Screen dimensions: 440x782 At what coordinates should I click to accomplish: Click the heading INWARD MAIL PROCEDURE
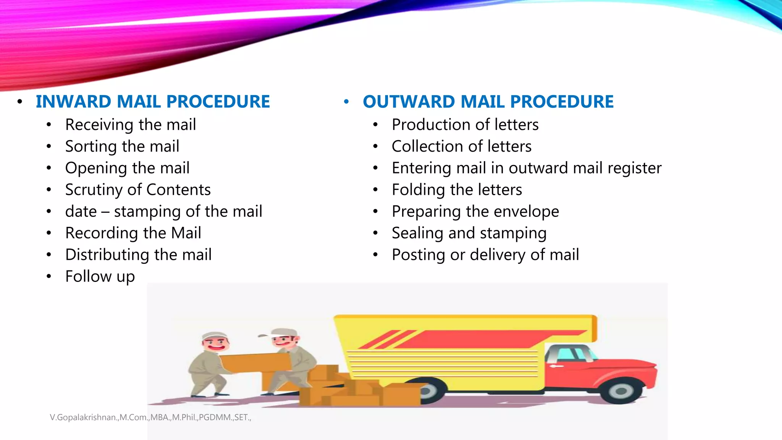click(x=153, y=102)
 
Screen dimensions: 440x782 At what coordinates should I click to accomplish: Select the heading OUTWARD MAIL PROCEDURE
click(x=488, y=102)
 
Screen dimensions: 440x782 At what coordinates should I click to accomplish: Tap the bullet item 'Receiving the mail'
click(x=131, y=125)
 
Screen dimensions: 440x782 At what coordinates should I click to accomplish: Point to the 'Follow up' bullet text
click(x=100, y=276)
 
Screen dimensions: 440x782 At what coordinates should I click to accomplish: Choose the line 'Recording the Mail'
click(x=133, y=233)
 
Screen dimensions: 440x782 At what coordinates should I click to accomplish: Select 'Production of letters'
click(x=465, y=125)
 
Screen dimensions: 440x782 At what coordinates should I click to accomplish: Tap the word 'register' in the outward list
click(x=634, y=168)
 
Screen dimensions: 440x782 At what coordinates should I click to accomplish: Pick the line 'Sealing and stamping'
click(x=469, y=233)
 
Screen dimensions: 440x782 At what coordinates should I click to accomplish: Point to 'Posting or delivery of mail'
click(x=485, y=255)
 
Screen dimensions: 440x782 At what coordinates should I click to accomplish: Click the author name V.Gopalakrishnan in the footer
click(x=83, y=417)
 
